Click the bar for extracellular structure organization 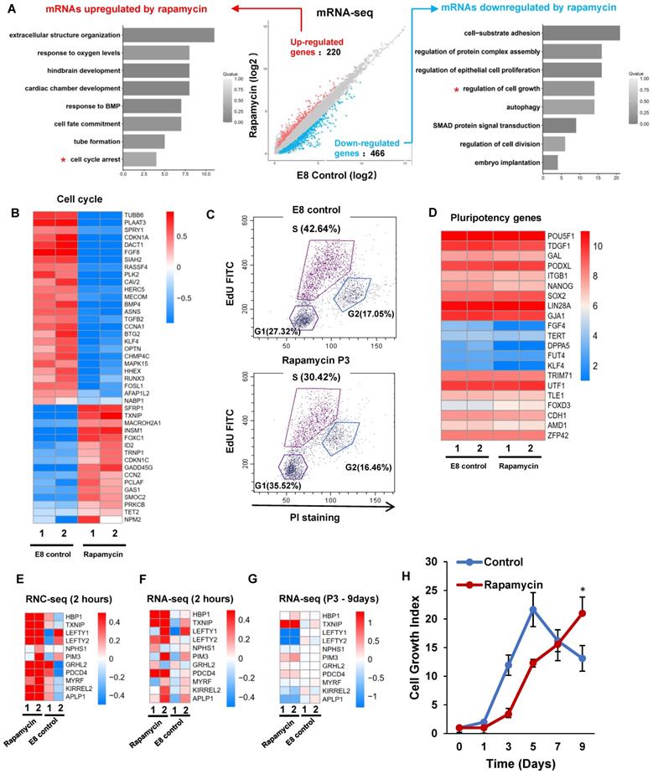click(x=168, y=35)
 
